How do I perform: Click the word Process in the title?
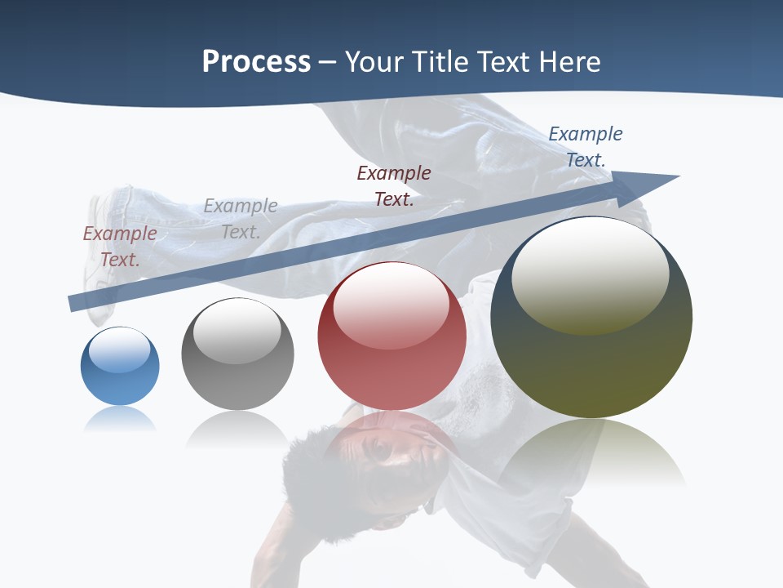point(256,62)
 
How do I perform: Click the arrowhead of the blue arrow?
point(652,185)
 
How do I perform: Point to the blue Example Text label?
point(585,147)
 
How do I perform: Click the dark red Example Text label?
point(394,185)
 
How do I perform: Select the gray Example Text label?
point(241,218)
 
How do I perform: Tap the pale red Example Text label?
point(120,246)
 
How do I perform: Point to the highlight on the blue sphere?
point(120,350)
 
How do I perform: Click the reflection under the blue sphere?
point(120,420)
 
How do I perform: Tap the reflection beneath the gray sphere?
point(237,429)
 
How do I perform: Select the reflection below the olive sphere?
point(591,453)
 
